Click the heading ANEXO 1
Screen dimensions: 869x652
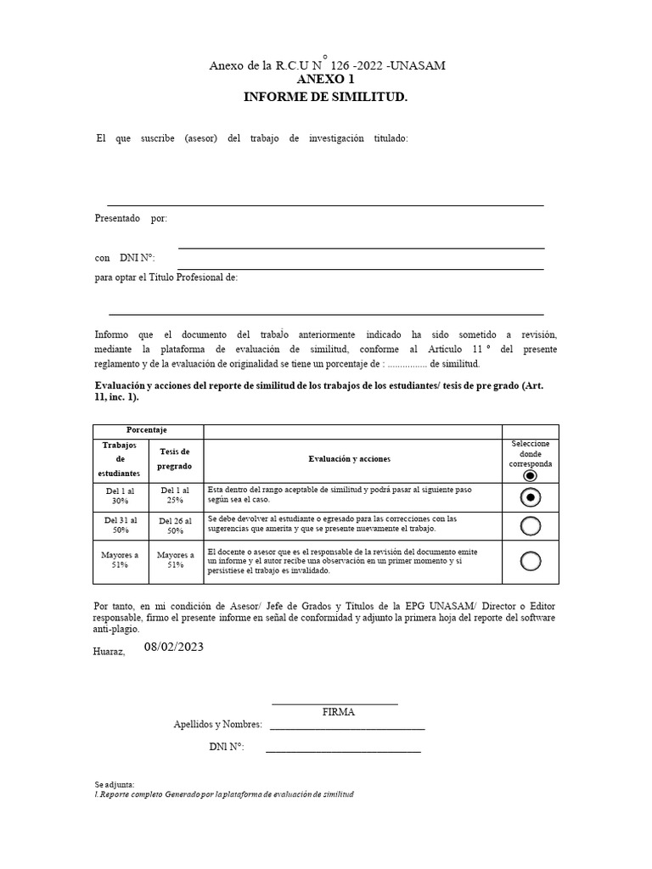click(326, 81)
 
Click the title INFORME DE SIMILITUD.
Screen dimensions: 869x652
click(326, 98)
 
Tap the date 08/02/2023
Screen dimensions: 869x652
click(174, 647)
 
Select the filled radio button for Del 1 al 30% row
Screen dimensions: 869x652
click(531, 497)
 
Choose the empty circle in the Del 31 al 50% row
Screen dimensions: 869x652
click(531, 526)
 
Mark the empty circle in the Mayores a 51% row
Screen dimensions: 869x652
click(531, 561)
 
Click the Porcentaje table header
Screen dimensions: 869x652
click(147, 431)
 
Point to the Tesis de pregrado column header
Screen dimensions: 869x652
click(176, 458)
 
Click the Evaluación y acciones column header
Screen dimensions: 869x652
click(349, 458)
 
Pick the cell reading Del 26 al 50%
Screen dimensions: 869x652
click(176, 524)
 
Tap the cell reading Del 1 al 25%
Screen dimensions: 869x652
click(176, 496)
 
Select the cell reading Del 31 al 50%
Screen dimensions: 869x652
click(121, 524)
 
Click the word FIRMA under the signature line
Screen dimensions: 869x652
click(339, 712)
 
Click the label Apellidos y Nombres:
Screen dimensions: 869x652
click(217, 725)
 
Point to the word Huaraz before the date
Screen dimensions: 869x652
click(110, 652)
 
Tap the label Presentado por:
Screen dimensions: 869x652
click(131, 218)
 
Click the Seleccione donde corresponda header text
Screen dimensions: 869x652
click(531, 454)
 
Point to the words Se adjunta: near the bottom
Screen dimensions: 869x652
click(115, 784)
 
